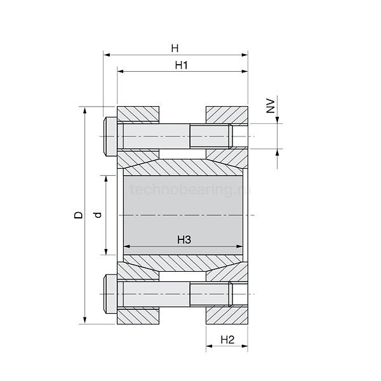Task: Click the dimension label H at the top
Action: coord(175,48)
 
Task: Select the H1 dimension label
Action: coord(182,65)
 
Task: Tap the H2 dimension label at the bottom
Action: coord(227,340)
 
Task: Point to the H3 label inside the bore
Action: coord(184,239)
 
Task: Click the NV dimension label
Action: coord(270,105)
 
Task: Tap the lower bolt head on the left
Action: coord(109,295)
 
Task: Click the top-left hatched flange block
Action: coord(137,115)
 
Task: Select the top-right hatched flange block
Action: coord(226,115)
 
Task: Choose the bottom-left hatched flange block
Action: coord(137,315)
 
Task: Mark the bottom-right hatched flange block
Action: coord(226,315)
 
